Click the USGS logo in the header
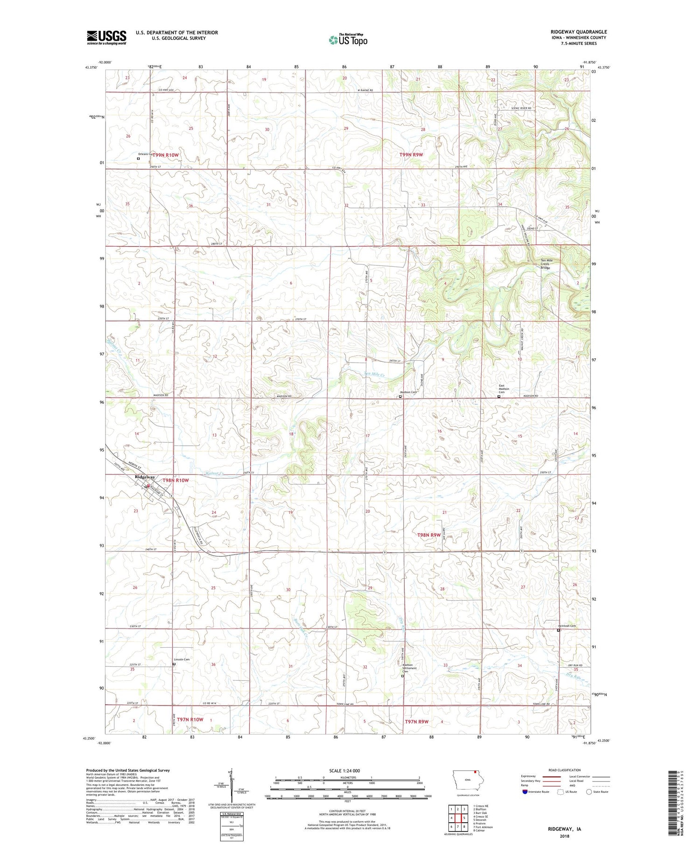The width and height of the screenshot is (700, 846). [106, 37]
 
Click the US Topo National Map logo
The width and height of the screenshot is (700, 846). [348, 40]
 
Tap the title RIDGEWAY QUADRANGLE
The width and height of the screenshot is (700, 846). [578, 32]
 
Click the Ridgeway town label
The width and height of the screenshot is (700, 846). [145, 477]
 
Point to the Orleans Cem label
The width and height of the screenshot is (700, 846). [145, 154]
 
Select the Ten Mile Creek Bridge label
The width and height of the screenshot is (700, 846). [545, 264]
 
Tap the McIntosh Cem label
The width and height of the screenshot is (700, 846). [567, 626]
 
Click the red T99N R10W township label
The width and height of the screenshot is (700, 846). [165, 154]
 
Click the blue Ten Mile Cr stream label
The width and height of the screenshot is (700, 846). [375, 374]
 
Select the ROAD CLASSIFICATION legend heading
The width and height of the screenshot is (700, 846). [565, 770]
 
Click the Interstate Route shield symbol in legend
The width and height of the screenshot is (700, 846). [525, 791]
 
